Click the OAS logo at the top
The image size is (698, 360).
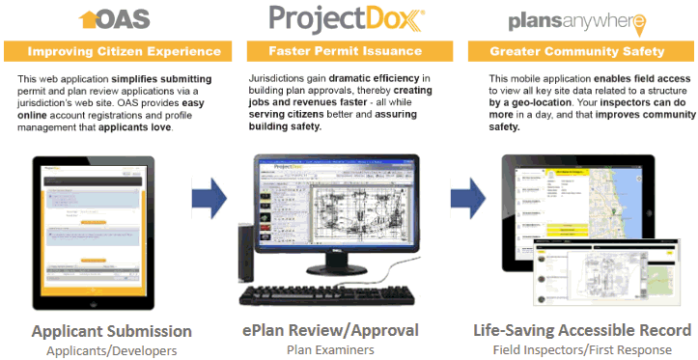115,19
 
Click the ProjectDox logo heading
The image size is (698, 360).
348,19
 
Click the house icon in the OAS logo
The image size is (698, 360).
90,18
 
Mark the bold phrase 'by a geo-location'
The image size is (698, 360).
532,100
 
